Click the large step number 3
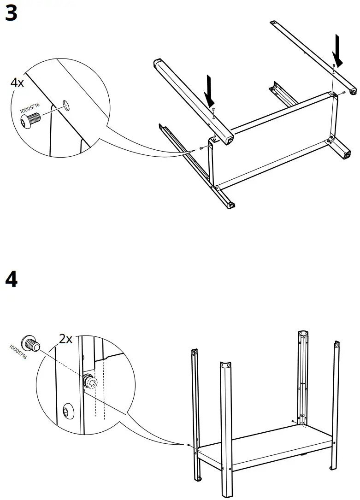tap(11, 13)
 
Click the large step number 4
tap(11, 279)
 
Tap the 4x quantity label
tap(17, 83)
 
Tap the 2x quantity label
tap(66, 339)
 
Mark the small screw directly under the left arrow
tap(213, 109)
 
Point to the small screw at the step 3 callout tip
tap(202, 148)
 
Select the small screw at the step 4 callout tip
tap(189, 445)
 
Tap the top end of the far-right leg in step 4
tap(336, 343)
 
